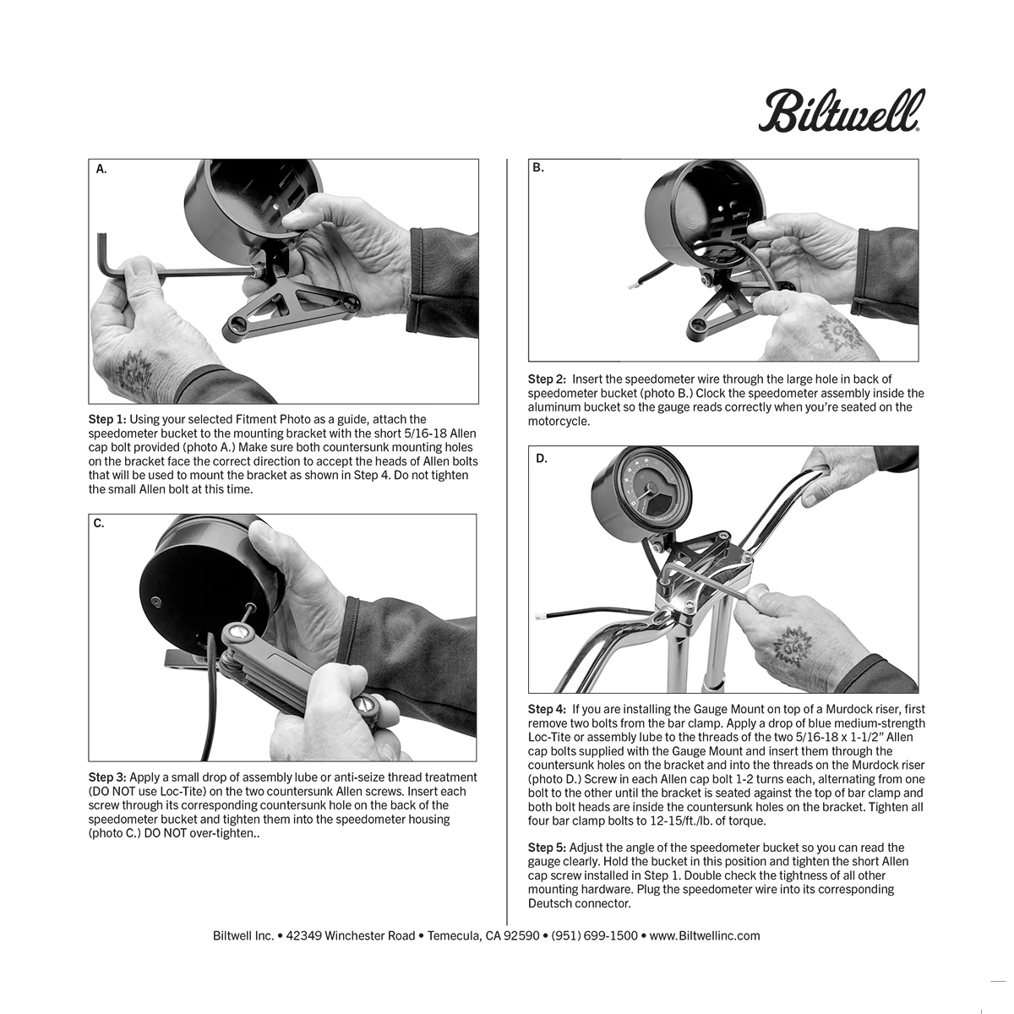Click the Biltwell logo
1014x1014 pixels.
click(841, 112)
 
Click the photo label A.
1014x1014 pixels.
click(101, 169)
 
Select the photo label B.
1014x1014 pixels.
click(538, 168)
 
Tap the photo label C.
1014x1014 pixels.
click(99, 523)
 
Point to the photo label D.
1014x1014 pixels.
click(542, 459)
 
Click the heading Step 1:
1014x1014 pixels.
click(107, 419)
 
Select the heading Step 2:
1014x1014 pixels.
click(547, 379)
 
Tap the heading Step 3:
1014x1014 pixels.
click(107, 777)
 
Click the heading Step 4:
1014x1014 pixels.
click(547, 709)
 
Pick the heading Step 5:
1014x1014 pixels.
click(547, 848)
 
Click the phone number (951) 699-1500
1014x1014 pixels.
click(594, 935)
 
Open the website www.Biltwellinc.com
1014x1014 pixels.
click(705, 935)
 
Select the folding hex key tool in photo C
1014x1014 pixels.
click(279, 659)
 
